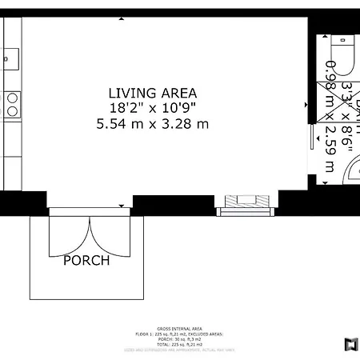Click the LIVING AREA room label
[x=152, y=92]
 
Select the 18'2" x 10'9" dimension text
[x=152, y=107]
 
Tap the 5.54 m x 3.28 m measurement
[x=152, y=123]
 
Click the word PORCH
[x=87, y=260]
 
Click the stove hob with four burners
[x=13, y=104]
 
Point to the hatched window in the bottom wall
[x=243, y=201]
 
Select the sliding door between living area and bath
[x=312, y=144]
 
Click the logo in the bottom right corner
[x=350, y=345]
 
